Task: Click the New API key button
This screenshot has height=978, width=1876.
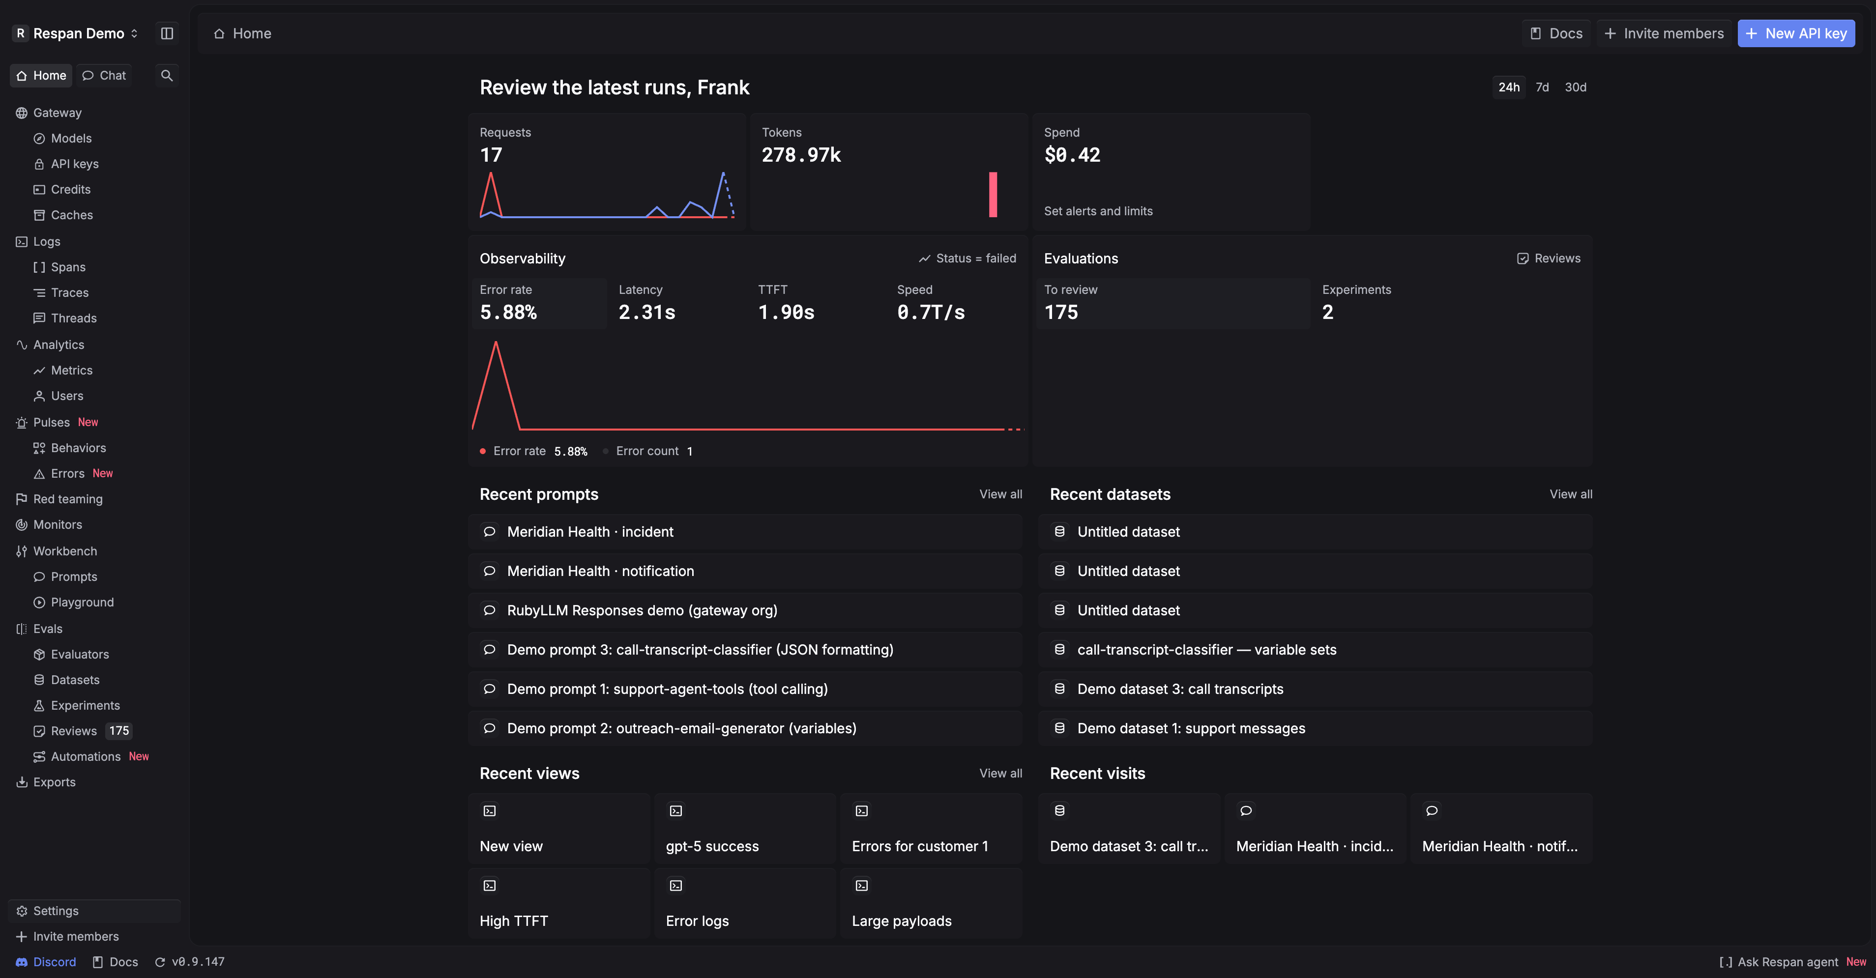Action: pyautogui.click(x=1796, y=33)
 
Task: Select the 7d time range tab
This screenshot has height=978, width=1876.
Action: pyautogui.click(x=1542, y=87)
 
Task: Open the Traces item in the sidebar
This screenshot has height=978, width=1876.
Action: pyautogui.click(x=70, y=293)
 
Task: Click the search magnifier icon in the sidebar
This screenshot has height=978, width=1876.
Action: pyautogui.click(x=167, y=76)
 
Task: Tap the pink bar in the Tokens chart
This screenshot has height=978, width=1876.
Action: pyautogui.click(x=993, y=195)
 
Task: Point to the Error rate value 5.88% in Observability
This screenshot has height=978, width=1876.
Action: pyautogui.click(x=508, y=313)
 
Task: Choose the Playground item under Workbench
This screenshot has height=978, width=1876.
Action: pyautogui.click(x=82, y=602)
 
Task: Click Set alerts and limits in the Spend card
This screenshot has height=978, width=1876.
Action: pyautogui.click(x=1098, y=211)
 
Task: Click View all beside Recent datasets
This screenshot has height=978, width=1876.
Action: pyautogui.click(x=1571, y=494)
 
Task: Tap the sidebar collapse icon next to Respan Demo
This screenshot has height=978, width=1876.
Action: pyautogui.click(x=167, y=33)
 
